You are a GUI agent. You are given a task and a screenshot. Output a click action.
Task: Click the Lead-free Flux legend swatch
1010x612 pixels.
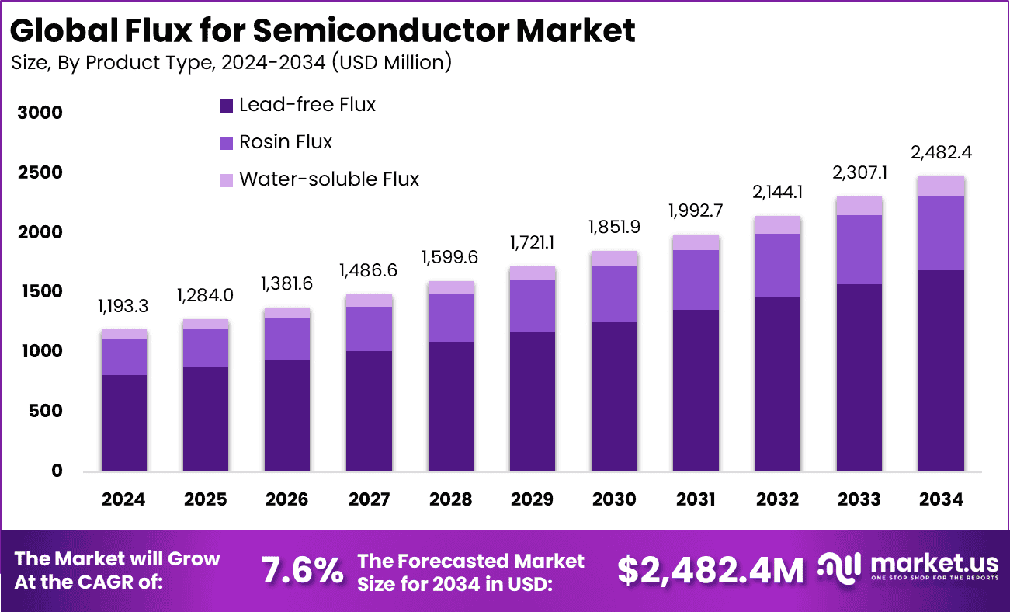tap(227, 106)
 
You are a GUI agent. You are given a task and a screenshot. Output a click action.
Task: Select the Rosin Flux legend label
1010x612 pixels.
tap(285, 142)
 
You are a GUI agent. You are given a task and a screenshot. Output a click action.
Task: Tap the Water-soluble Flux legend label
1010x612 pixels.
tap(328, 179)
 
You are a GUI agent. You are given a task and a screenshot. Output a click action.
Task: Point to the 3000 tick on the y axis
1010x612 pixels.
tap(40, 113)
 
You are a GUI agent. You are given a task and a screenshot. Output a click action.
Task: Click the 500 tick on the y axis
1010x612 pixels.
tap(46, 411)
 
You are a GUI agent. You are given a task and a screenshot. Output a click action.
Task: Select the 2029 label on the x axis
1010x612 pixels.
tap(532, 499)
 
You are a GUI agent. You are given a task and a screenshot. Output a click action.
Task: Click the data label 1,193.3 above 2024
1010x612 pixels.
tap(123, 307)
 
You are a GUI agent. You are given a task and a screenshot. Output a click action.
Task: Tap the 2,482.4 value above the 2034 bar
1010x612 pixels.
tap(940, 152)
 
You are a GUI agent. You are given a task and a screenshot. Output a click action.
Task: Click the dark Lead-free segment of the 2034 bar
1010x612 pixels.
tap(941, 370)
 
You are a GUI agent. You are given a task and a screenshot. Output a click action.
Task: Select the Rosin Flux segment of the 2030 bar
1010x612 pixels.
tap(614, 294)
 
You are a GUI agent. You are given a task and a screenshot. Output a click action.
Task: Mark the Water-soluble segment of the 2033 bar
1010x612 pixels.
tap(859, 206)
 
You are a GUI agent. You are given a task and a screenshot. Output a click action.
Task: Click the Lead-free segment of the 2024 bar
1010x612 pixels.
tap(123, 423)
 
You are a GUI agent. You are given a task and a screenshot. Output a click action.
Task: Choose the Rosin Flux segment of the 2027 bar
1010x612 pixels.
tap(369, 329)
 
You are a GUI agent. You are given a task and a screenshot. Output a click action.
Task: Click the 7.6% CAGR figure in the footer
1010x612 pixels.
tap(302, 571)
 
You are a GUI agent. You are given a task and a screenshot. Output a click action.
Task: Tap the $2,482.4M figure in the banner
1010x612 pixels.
tap(710, 571)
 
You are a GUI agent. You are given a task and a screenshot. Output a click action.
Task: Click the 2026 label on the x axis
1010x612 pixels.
tap(286, 499)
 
